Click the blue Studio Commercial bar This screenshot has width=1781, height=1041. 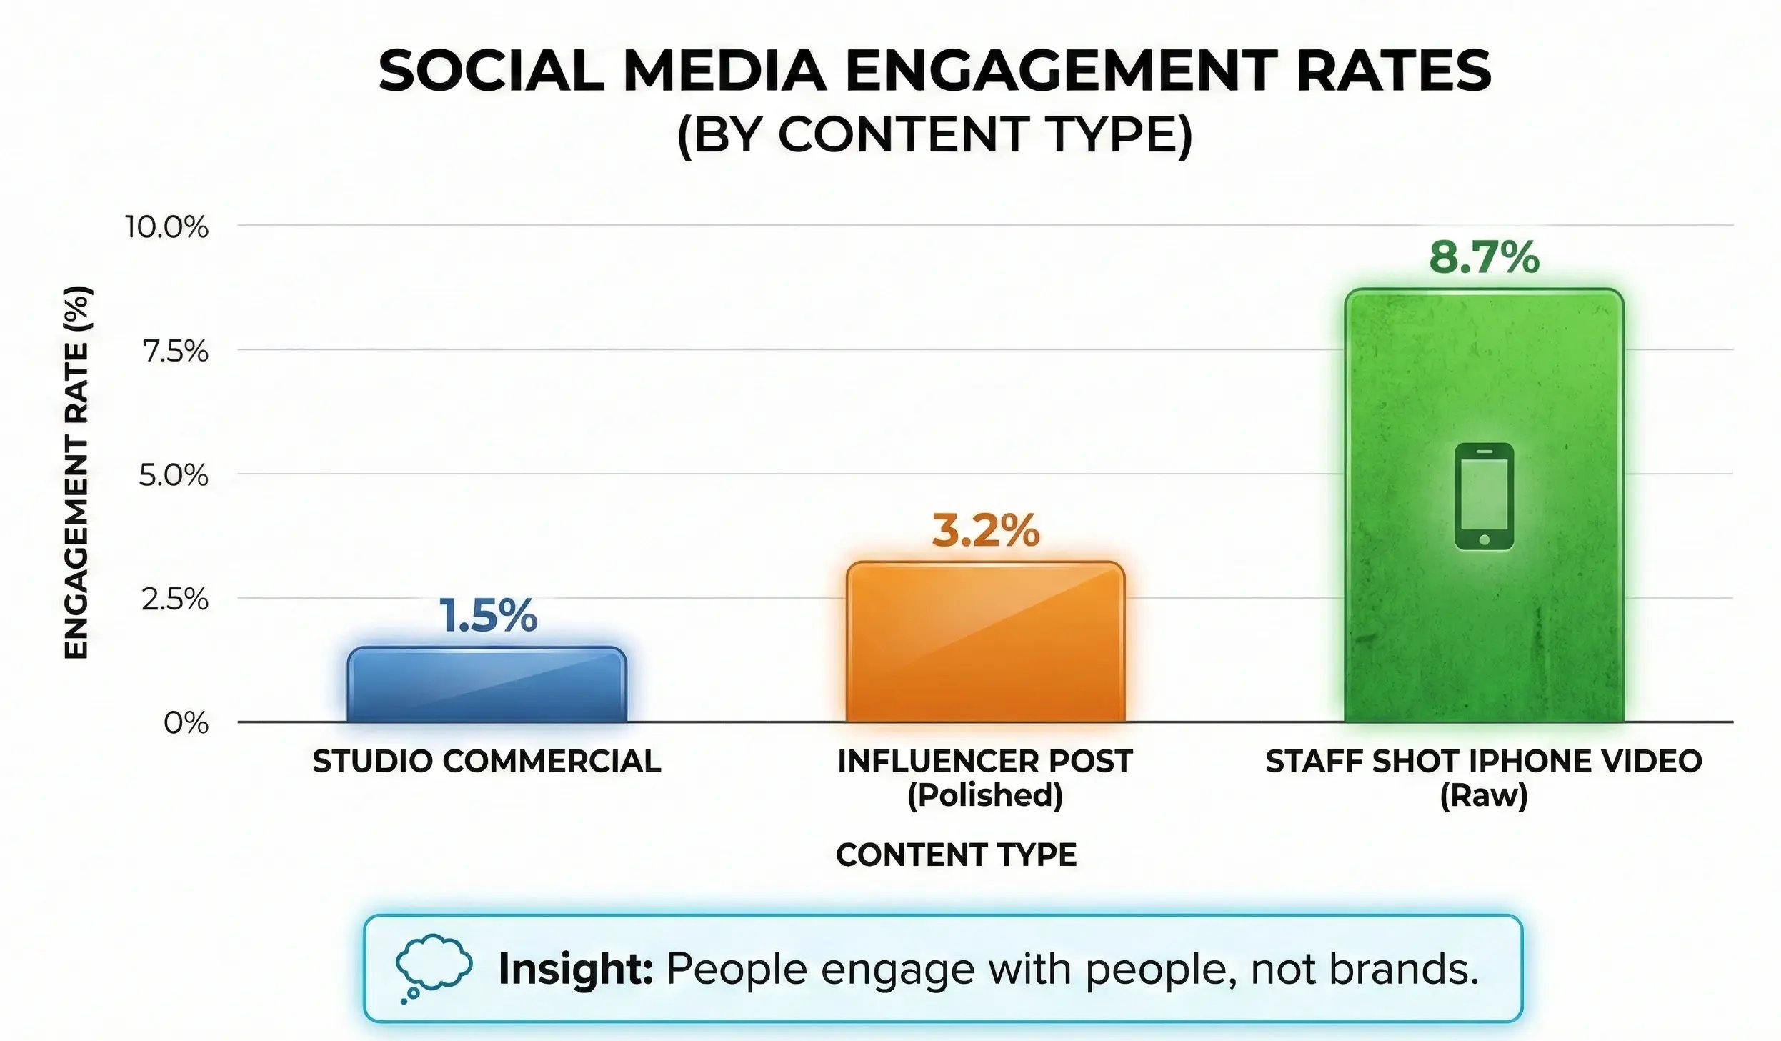click(487, 686)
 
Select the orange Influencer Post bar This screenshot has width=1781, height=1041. click(985, 643)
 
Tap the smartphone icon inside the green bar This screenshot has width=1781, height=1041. click(1484, 497)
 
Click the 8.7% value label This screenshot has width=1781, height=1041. click(1484, 258)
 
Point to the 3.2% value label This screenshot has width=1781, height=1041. click(985, 532)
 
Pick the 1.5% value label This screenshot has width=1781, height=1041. click(488, 617)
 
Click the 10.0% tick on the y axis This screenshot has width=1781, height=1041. click(167, 228)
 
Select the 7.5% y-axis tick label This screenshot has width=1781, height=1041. click(175, 352)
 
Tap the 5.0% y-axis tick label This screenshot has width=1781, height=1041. click(174, 476)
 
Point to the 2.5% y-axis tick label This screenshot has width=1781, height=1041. click(175, 599)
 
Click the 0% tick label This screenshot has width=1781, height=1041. click(186, 724)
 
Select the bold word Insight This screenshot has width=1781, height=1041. click(575, 969)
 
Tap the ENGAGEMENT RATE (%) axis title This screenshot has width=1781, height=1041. click(76, 472)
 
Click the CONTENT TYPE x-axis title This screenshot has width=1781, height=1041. click(956, 855)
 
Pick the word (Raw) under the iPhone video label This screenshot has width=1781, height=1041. click(1483, 795)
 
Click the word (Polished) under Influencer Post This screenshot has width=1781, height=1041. click(985, 795)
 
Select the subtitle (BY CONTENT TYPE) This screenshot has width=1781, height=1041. click(934, 135)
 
